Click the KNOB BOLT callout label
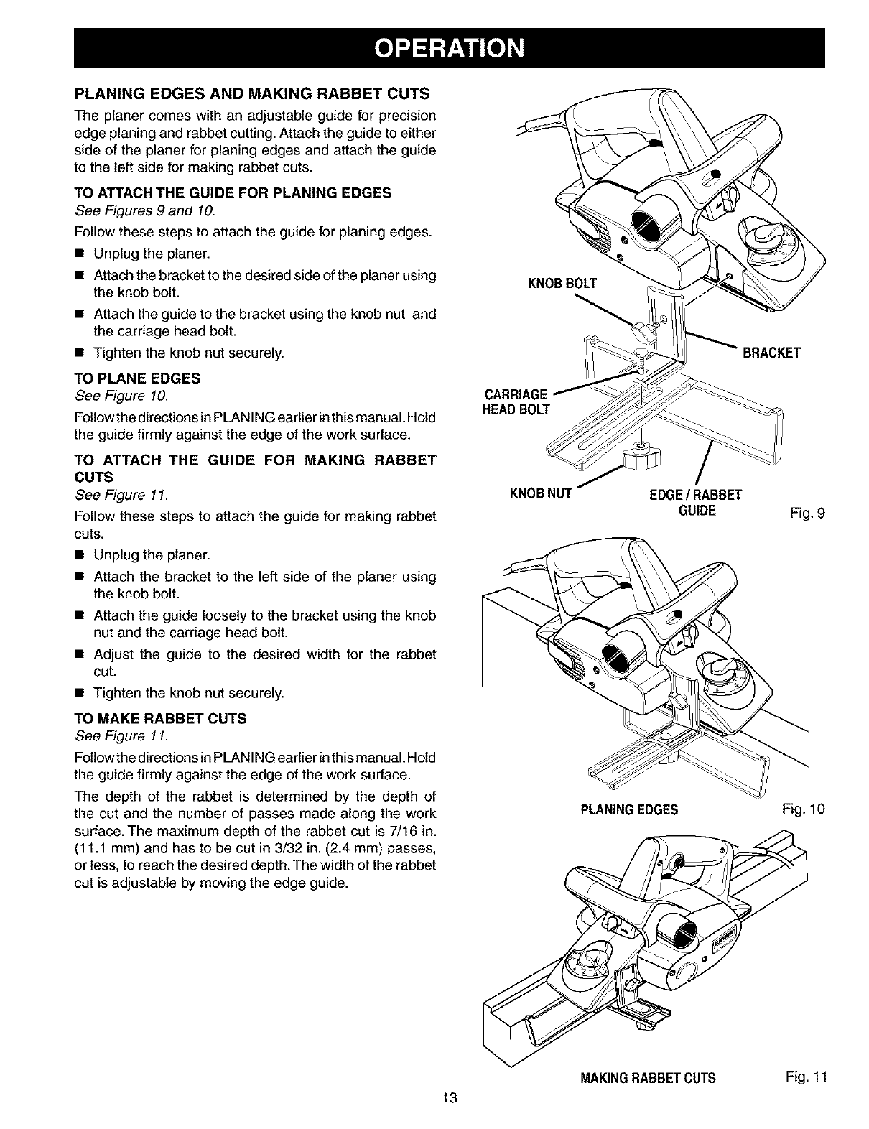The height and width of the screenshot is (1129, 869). click(562, 282)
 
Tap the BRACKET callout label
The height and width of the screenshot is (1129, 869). click(771, 353)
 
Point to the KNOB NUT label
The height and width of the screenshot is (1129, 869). click(539, 493)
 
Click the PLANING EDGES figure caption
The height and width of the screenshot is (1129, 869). click(629, 810)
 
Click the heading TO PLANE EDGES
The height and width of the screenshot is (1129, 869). click(138, 378)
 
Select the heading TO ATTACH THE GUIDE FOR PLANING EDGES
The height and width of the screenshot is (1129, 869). click(233, 192)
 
